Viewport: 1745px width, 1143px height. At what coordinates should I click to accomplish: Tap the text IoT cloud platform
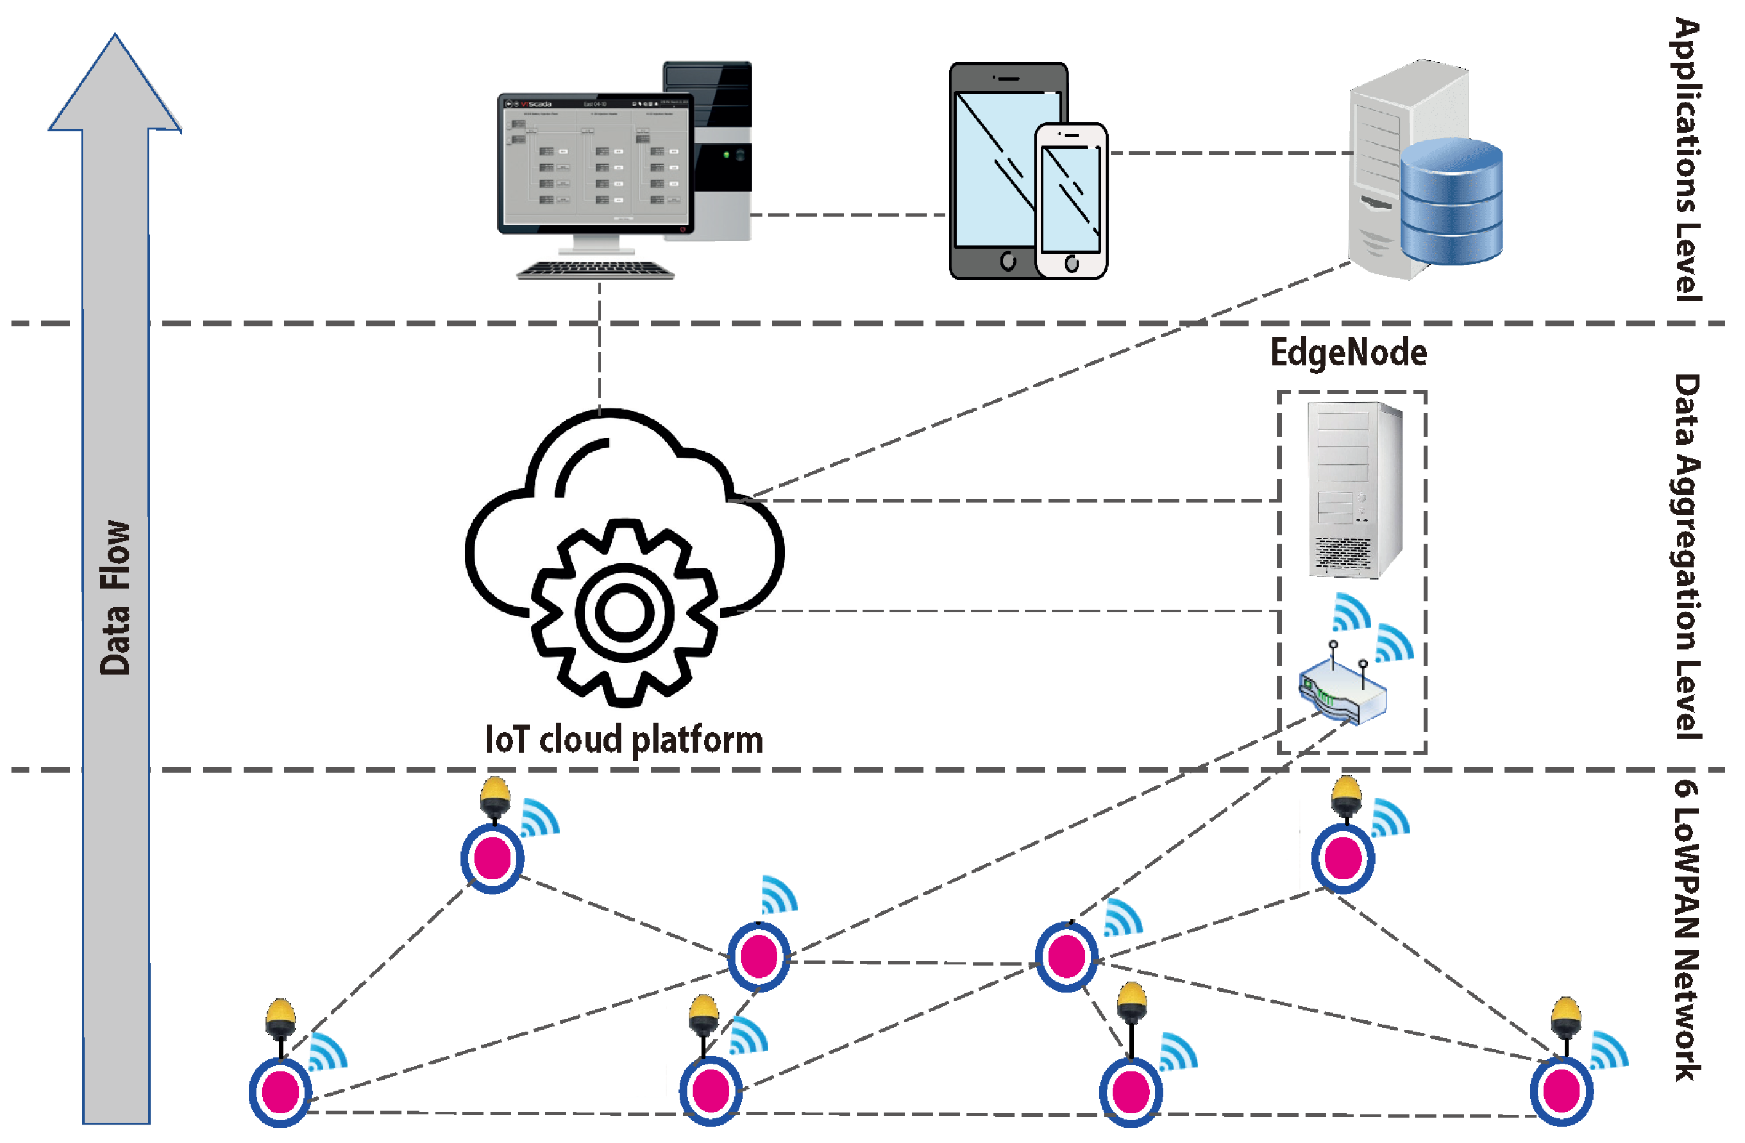(x=624, y=740)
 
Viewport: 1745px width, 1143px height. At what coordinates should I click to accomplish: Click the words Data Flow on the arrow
(x=115, y=598)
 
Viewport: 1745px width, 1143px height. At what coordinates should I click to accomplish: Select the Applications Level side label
(x=1687, y=160)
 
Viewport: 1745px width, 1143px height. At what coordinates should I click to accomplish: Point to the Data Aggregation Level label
(x=1687, y=557)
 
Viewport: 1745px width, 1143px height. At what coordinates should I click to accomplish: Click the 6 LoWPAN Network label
(x=1687, y=931)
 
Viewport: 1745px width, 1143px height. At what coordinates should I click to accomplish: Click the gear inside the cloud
(x=624, y=613)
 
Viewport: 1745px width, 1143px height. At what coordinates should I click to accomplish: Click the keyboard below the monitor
(x=595, y=271)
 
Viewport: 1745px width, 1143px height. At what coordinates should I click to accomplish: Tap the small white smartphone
(x=1070, y=200)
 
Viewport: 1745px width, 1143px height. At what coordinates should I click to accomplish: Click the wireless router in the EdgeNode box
(x=1342, y=692)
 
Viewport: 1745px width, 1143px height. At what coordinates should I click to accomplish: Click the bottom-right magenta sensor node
(x=1561, y=1091)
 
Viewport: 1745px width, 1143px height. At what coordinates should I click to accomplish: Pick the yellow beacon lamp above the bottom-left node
(x=280, y=1016)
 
